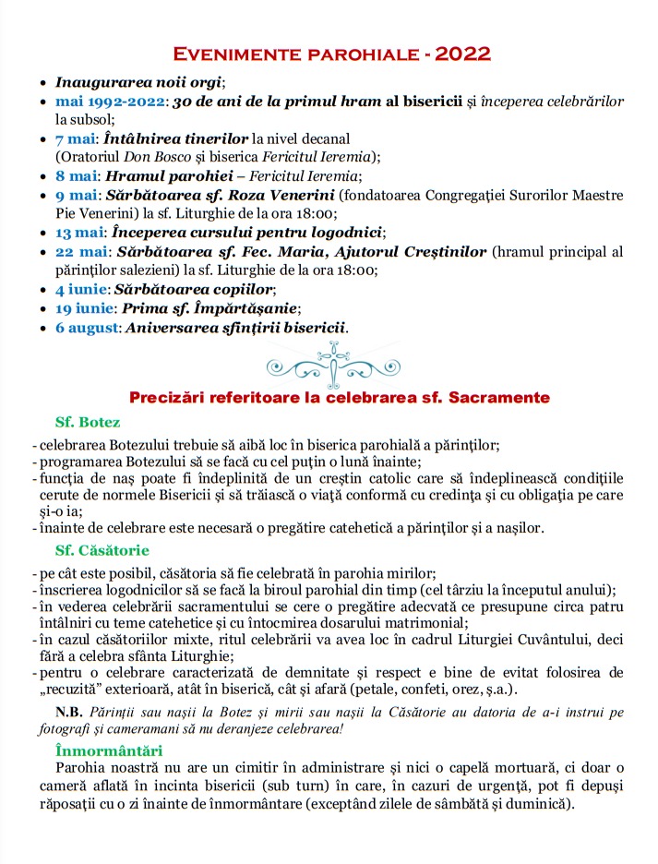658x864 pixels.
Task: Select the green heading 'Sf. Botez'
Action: [88, 422]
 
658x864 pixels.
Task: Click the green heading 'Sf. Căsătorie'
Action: [100, 550]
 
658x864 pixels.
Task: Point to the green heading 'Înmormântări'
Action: [109, 750]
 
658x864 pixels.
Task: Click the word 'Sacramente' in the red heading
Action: [506, 398]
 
